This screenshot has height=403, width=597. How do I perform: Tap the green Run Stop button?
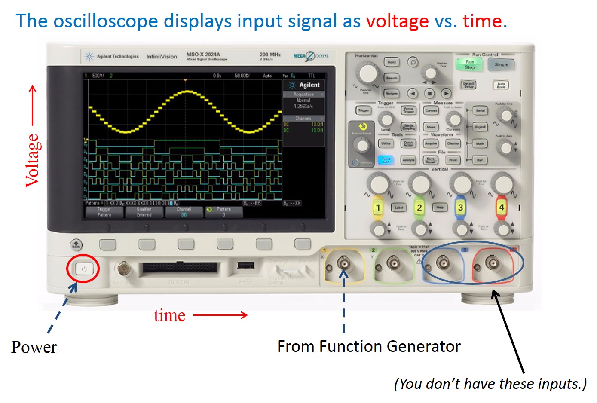pyautogui.click(x=469, y=65)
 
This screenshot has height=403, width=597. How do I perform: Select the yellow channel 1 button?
pyautogui.click(x=378, y=208)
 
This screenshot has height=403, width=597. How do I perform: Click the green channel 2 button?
pyautogui.click(x=419, y=208)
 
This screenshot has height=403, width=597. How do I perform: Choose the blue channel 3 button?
pyautogui.click(x=460, y=208)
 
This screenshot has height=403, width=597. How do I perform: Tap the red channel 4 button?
pyautogui.click(x=501, y=208)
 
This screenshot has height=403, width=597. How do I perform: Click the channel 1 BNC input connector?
pyautogui.click(x=343, y=263)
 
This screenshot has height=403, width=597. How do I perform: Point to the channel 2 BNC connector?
pyautogui.click(x=393, y=263)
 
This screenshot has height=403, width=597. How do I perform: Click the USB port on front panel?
pyautogui.click(x=245, y=266)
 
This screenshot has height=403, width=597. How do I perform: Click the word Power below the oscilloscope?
pyautogui.click(x=34, y=347)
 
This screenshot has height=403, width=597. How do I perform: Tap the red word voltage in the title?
pyautogui.click(x=397, y=21)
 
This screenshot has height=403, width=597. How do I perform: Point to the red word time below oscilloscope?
pyautogui.click(x=169, y=315)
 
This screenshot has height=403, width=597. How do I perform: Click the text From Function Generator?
pyautogui.click(x=368, y=346)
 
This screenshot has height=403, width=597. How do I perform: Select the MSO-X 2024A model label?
pyautogui.click(x=203, y=55)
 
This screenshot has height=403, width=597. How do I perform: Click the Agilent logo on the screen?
pyautogui.click(x=304, y=85)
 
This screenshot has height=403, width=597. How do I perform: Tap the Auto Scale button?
pyautogui.click(x=501, y=85)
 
